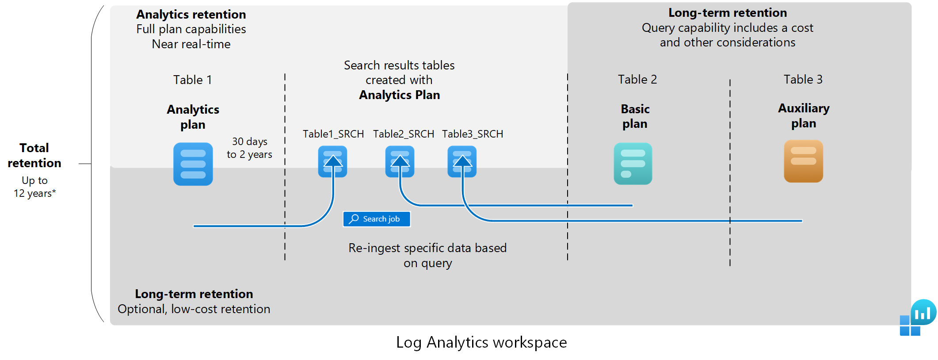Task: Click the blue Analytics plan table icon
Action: [193, 164]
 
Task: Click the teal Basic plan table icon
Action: [633, 164]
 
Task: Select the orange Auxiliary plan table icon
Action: [803, 161]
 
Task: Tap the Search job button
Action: [377, 219]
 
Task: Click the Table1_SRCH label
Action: [333, 134]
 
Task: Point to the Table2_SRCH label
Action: [403, 134]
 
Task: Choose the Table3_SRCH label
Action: [473, 134]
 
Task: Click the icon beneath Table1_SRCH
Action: [332, 162]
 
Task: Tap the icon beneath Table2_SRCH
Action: [400, 162]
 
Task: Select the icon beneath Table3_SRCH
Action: [462, 162]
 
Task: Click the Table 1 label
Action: [192, 80]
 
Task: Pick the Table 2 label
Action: [637, 80]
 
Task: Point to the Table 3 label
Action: [803, 80]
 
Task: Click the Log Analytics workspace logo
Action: [917, 318]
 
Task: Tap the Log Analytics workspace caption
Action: [481, 342]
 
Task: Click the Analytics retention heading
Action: [191, 15]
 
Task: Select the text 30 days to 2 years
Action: [249, 148]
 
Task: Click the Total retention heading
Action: [34, 155]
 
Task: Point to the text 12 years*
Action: [34, 193]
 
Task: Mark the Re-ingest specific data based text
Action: [427, 248]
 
